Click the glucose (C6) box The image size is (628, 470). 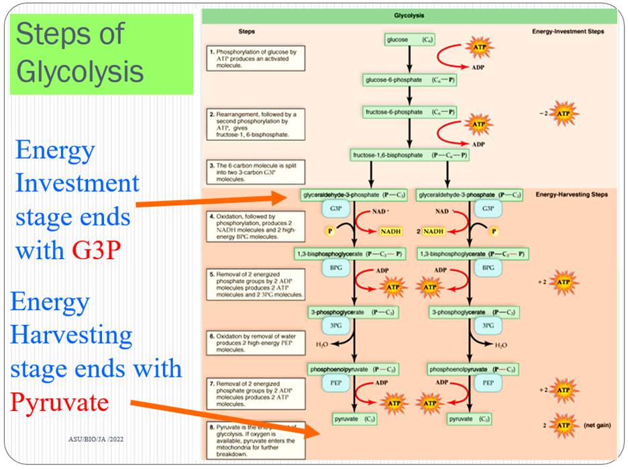tap(409, 40)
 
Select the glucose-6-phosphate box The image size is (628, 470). tap(409, 80)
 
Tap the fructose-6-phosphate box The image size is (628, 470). tap(409, 111)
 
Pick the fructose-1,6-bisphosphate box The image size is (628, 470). tap(409, 155)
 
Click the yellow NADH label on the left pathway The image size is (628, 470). tap(390, 231)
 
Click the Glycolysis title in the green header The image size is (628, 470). tap(409, 15)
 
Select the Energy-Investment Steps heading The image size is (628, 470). tap(568, 32)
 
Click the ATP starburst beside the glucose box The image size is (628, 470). tap(479, 48)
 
